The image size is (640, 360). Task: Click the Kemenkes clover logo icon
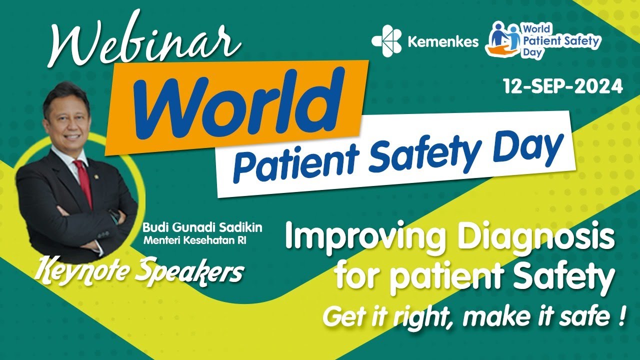387,40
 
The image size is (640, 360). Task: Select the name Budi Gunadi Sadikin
202,227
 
